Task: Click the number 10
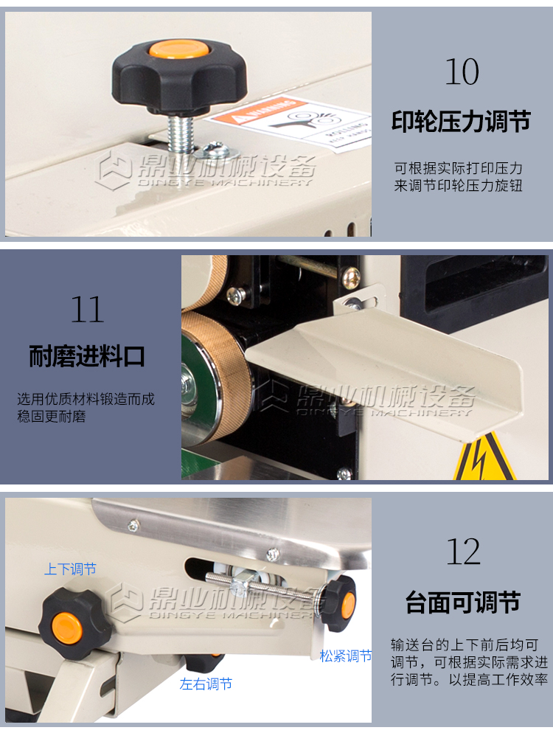pyautogui.click(x=462, y=72)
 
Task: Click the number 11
pyautogui.click(x=87, y=309)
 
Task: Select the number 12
pyautogui.click(x=463, y=552)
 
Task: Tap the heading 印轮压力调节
pyautogui.click(x=461, y=121)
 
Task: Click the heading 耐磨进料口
pyautogui.click(x=87, y=357)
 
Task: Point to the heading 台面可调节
pyautogui.click(x=463, y=602)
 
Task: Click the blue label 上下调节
pyautogui.click(x=70, y=569)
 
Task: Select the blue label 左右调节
pyautogui.click(x=206, y=684)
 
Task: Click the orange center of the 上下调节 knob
pyautogui.click(x=67, y=628)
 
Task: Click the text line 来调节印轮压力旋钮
pyautogui.click(x=458, y=186)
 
